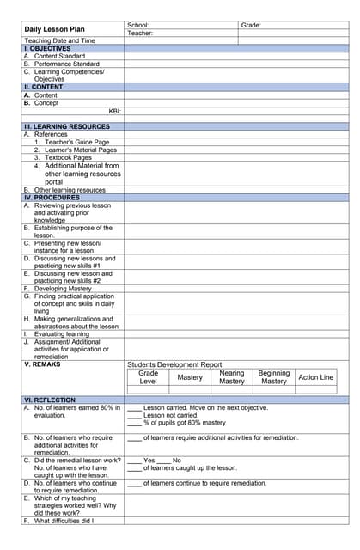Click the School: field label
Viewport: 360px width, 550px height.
tap(138, 26)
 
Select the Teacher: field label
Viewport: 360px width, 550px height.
tap(140, 34)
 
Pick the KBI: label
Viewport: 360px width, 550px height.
tap(114, 111)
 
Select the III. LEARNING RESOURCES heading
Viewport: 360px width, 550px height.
tap(66, 126)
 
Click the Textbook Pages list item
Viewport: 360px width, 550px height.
tap(68, 158)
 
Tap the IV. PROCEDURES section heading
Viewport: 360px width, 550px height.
tap(52, 198)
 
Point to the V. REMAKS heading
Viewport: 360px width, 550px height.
tap(43, 364)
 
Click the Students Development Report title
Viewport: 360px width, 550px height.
tap(174, 364)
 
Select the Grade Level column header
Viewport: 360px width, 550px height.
tap(148, 377)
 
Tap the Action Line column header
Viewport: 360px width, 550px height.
tap(315, 377)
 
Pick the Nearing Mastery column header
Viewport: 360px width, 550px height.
tap(231, 377)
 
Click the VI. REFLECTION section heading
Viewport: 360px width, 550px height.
tap(49, 400)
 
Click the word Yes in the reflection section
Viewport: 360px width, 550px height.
tap(149, 461)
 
